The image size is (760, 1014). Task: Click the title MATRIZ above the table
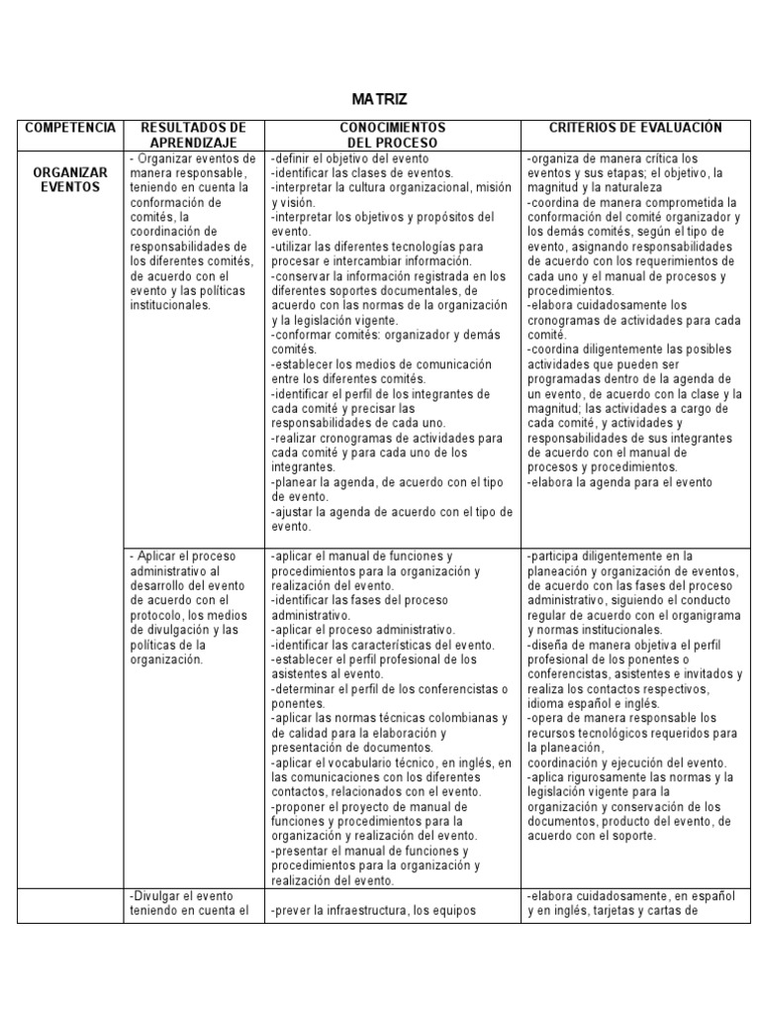pos(380,100)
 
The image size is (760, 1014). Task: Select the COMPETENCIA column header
pos(70,128)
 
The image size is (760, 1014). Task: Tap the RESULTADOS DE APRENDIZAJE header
pos(194,135)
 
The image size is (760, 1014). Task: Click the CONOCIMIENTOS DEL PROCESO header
pos(393,135)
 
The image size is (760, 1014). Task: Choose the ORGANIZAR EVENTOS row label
pos(70,179)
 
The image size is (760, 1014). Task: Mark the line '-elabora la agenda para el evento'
pos(619,482)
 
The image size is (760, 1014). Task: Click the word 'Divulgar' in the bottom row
pos(157,896)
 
